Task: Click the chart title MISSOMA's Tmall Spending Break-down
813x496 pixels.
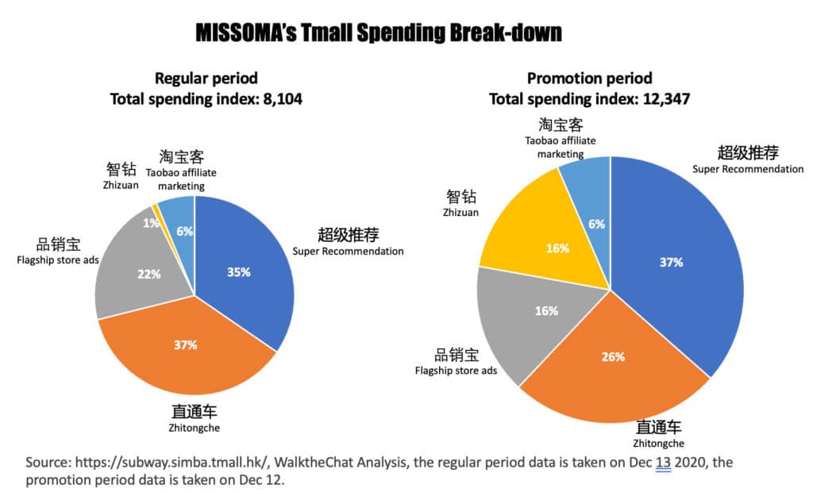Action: tap(379, 33)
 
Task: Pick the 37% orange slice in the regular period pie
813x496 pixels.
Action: tap(187, 349)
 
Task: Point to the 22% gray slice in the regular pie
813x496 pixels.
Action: tap(143, 274)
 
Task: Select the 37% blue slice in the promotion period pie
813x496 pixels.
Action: tap(675, 262)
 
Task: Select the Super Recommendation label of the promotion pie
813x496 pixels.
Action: tap(747, 168)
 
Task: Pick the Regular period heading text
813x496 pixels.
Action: tap(206, 79)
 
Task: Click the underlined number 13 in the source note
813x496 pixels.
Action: tap(661, 463)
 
